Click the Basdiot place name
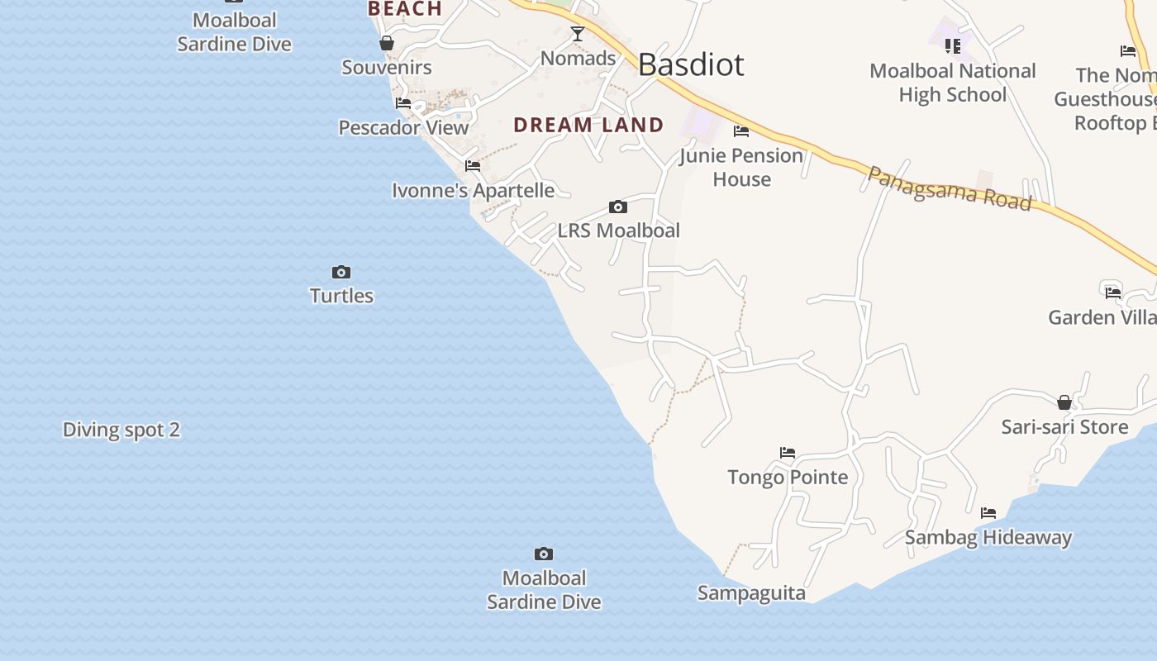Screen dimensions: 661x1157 691,64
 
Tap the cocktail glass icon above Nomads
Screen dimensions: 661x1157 578,34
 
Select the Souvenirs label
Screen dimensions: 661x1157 387,68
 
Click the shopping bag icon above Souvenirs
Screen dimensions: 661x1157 386,43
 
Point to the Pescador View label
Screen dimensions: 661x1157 403,127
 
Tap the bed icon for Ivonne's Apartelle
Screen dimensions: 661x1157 473,166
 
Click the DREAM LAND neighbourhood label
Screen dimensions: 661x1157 588,125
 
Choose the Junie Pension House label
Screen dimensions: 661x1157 741,167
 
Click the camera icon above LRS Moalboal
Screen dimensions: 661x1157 617,207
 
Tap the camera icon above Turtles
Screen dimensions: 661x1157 341,272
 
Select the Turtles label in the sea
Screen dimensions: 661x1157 341,296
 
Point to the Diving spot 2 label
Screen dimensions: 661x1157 121,430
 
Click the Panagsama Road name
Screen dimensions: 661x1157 950,188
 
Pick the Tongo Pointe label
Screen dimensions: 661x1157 788,477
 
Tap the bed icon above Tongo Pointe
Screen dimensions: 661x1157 788,453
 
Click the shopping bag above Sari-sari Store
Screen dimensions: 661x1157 1064,402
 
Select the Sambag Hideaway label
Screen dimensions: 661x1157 988,537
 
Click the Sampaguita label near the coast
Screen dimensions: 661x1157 751,593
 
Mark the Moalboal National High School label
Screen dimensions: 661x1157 953,83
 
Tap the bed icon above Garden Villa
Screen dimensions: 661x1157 1113,292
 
